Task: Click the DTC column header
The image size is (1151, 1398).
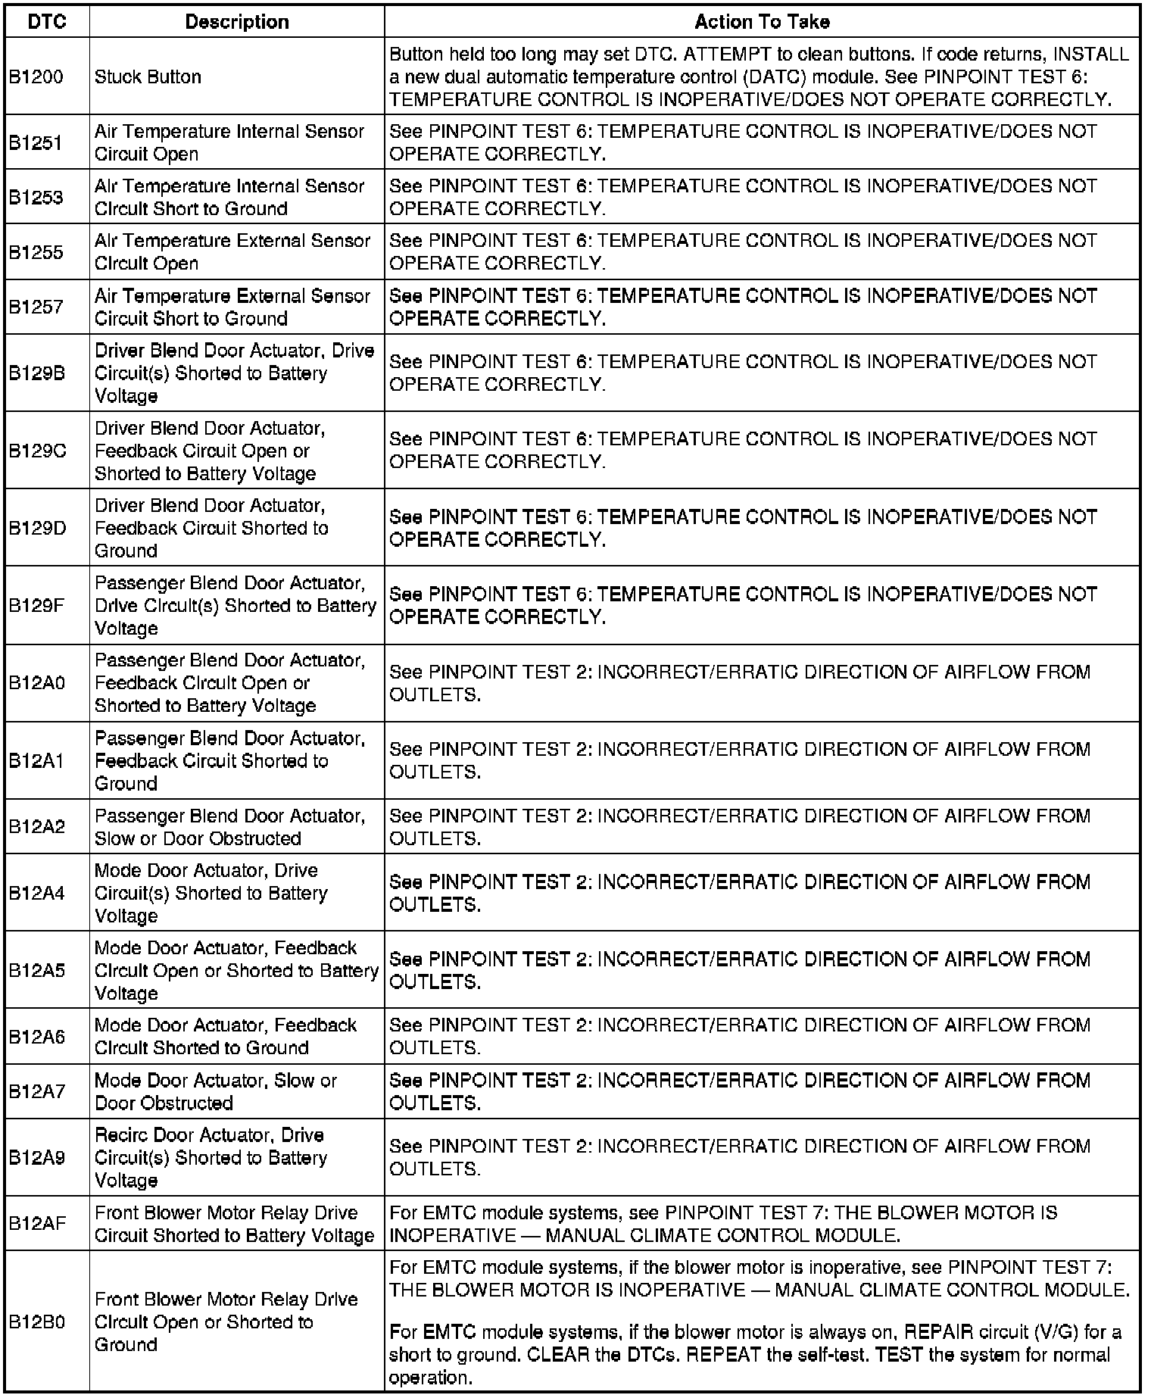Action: coord(47,22)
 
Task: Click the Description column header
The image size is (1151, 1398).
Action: coord(237,22)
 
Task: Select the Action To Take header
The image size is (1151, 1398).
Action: coord(762,22)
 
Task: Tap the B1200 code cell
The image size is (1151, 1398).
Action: coord(36,76)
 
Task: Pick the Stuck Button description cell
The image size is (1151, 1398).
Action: coord(148,76)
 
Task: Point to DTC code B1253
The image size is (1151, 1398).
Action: coord(36,198)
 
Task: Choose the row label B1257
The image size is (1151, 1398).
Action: coord(36,307)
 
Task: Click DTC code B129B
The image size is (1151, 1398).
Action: coord(37,373)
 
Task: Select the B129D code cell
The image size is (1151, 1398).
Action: coord(37,528)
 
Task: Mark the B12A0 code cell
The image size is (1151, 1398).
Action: coord(37,683)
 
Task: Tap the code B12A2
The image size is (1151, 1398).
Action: coord(37,827)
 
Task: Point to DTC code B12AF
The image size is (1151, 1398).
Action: coord(37,1224)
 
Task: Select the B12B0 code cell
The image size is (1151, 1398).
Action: coord(37,1322)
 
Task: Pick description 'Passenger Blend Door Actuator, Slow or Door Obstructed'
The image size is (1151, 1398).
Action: coord(229,827)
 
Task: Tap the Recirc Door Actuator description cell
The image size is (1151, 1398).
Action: coord(211,1158)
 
